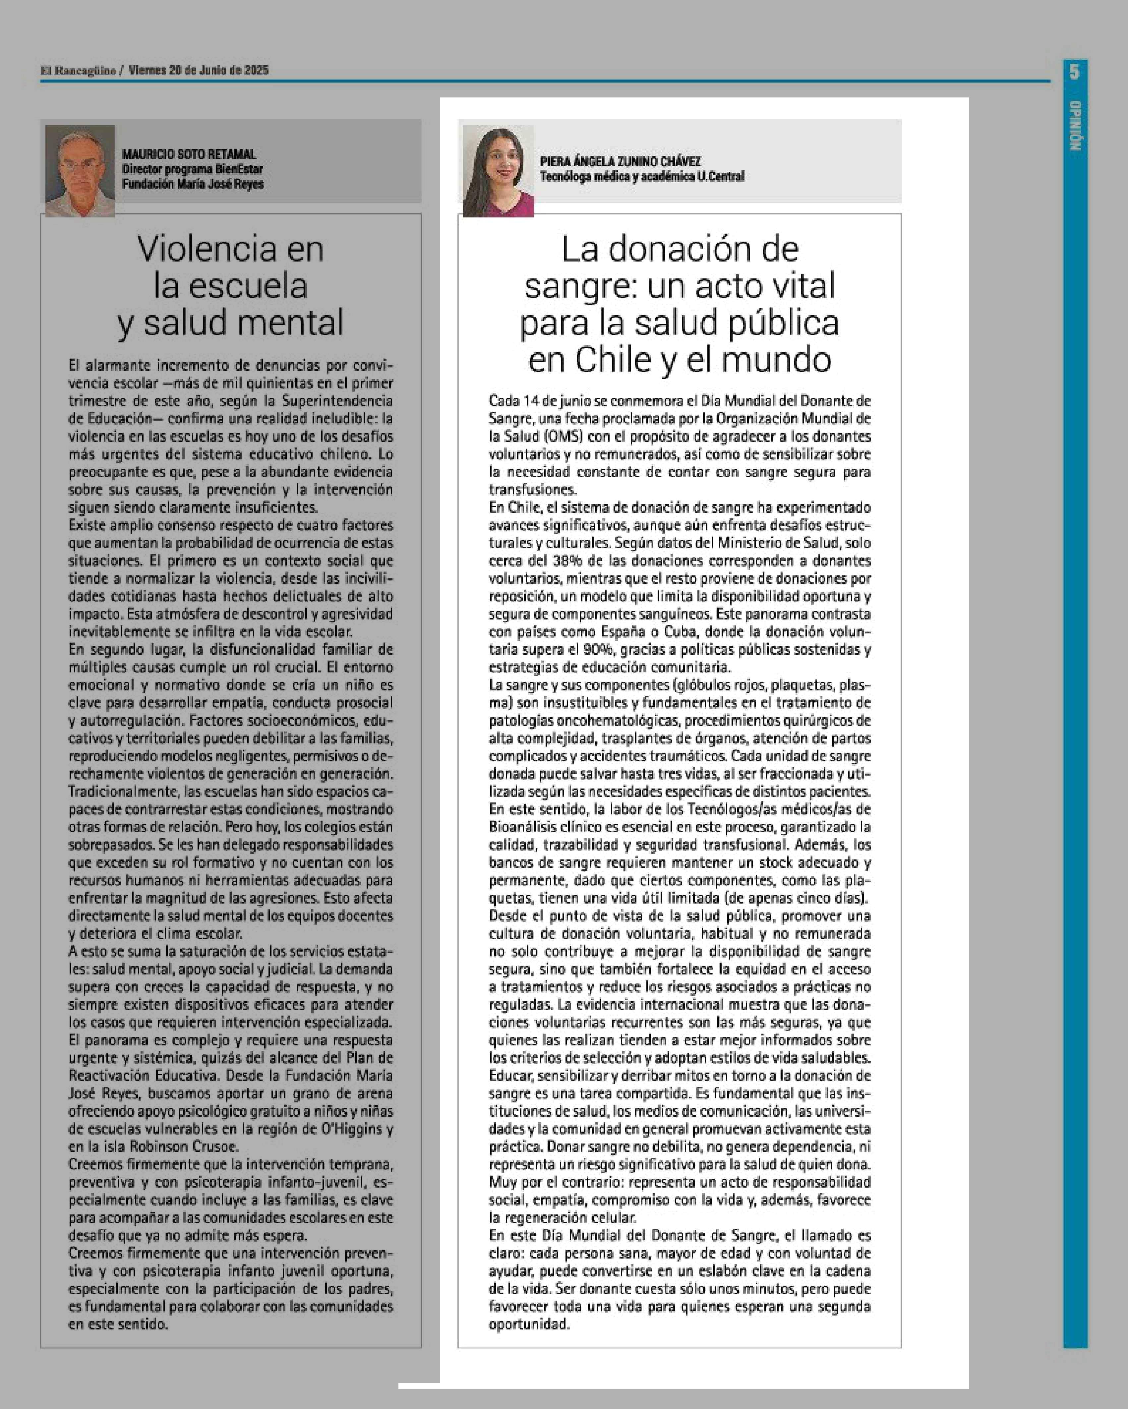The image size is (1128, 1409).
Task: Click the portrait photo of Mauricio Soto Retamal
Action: (x=80, y=171)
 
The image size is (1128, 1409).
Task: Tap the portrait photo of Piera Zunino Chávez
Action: (x=498, y=171)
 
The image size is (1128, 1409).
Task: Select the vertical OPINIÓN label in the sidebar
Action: (x=1074, y=126)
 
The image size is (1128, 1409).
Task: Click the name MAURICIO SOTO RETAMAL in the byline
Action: (x=189, y=154)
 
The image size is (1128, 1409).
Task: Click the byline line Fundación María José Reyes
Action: (x=193, y=184)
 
